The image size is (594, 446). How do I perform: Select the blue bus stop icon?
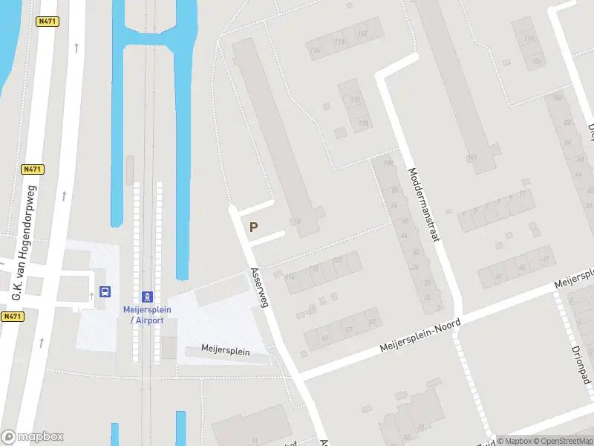coord(105,292)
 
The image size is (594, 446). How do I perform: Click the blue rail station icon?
coord(147,296)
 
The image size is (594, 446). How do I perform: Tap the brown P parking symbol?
coord(254,227)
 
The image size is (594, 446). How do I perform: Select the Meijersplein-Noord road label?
coord(420,336)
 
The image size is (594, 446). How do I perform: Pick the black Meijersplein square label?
coord(226,351)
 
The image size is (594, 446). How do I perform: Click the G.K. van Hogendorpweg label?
coord(25,248)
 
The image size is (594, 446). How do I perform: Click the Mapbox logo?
coord(32,436)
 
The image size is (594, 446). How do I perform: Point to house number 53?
coord(371,322)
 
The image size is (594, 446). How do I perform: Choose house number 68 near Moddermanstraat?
coord(405,222)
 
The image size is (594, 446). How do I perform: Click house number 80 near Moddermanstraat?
coord(394,190)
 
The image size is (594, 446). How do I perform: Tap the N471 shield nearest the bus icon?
coord(11,316)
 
